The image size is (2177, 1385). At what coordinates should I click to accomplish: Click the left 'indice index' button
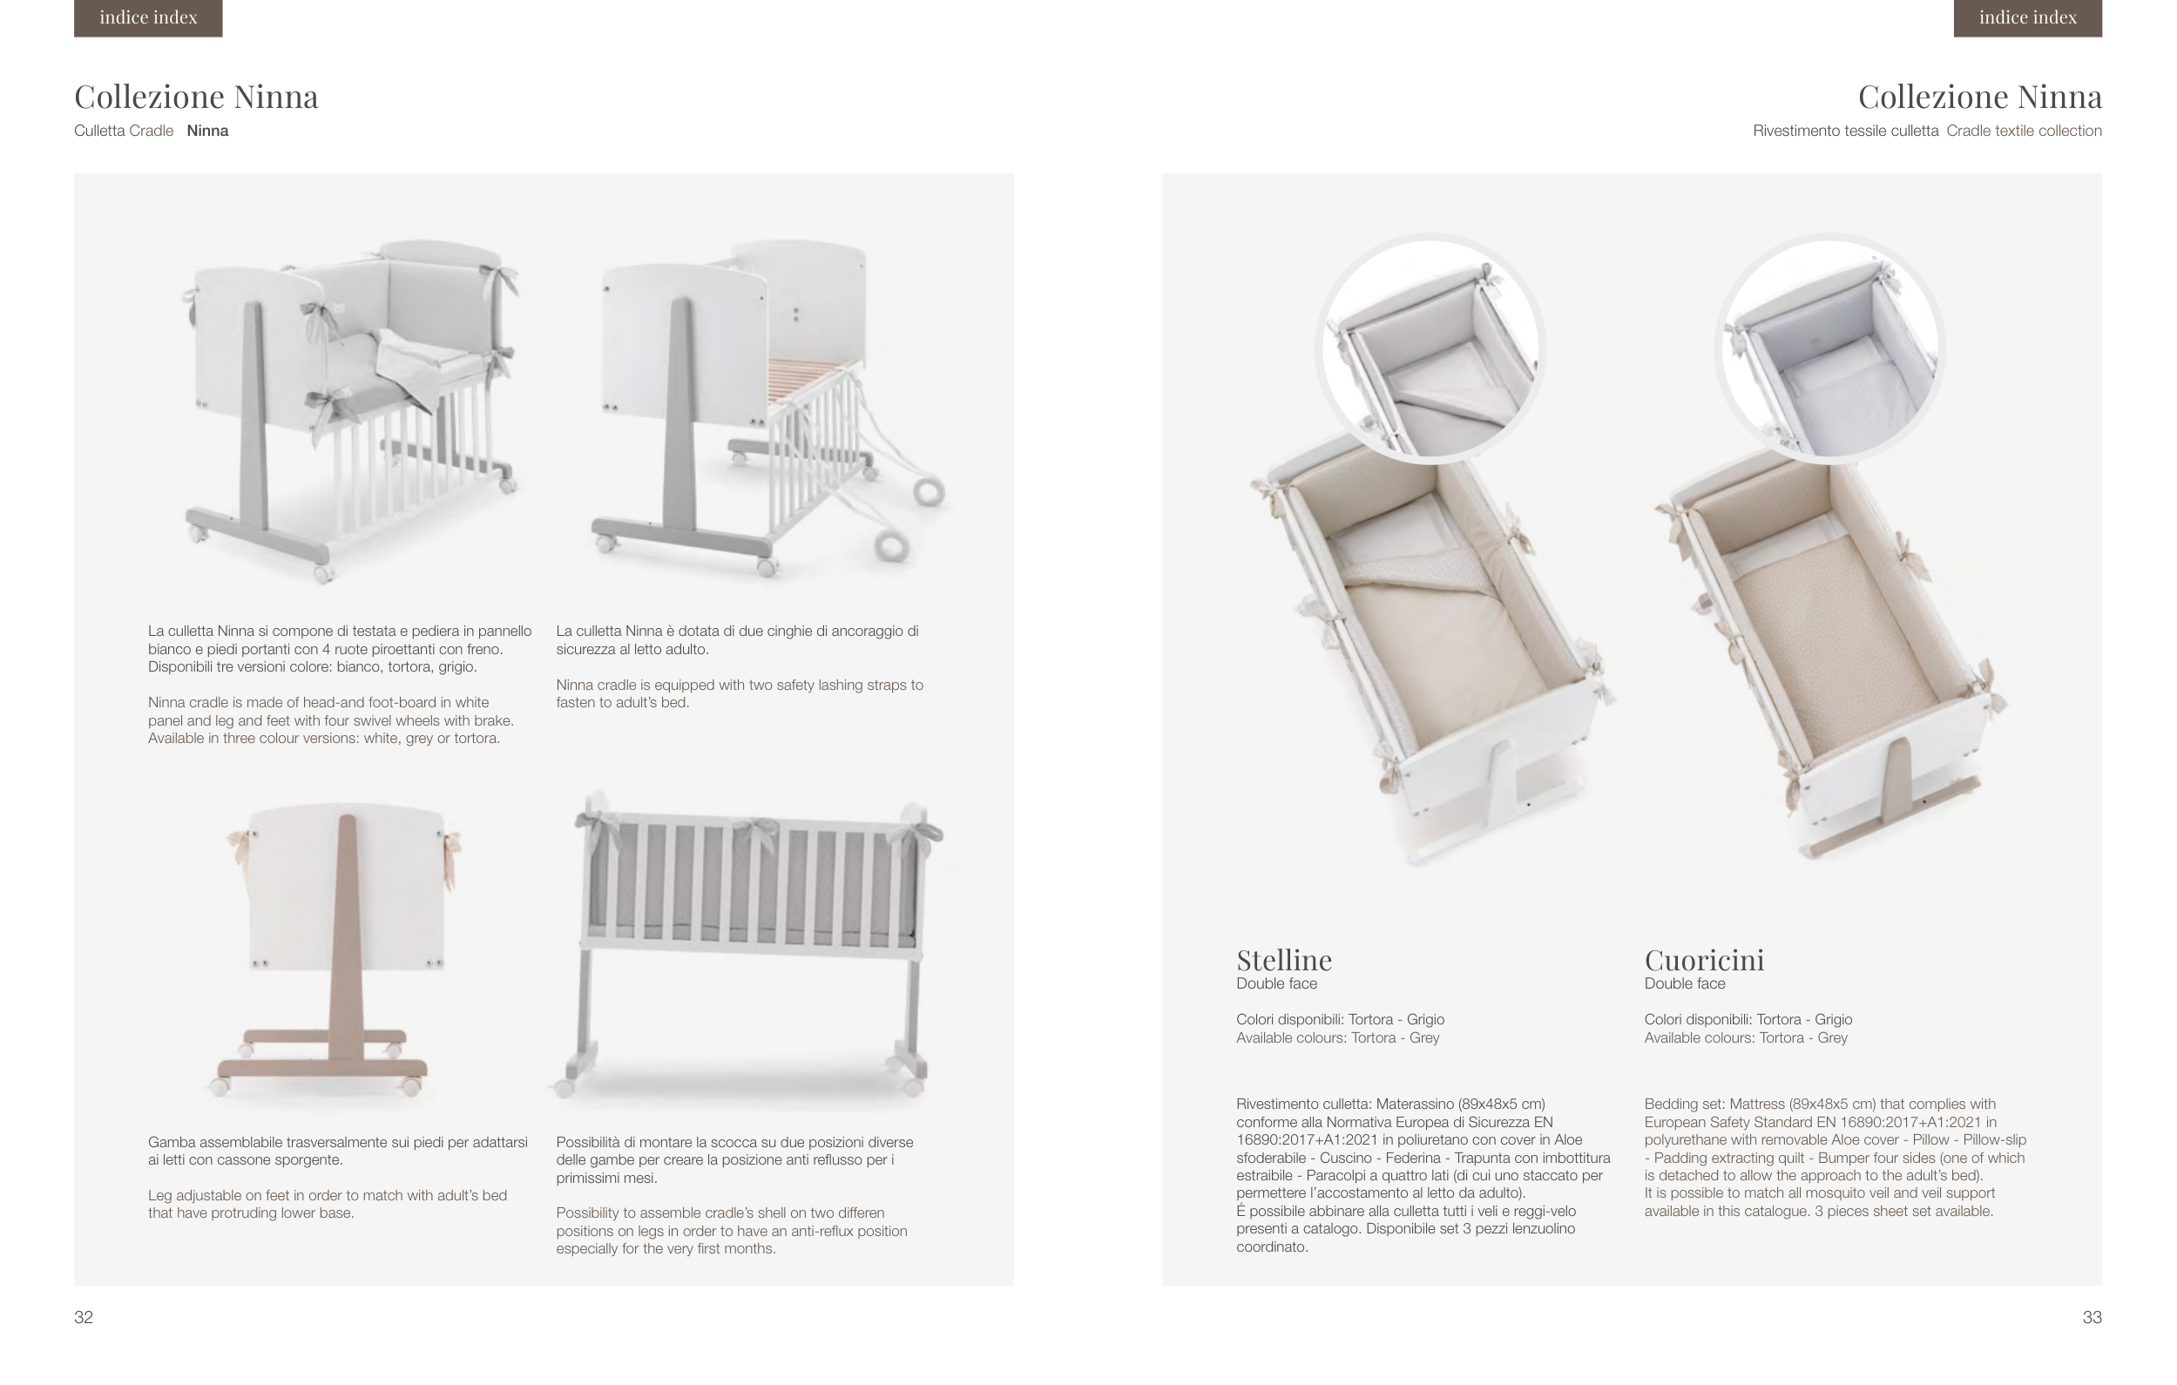148,17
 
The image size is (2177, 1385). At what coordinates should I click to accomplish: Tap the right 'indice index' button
2027,17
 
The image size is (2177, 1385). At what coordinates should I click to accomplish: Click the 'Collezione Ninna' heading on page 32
196,97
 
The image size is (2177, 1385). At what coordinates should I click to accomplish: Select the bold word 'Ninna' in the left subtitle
207,131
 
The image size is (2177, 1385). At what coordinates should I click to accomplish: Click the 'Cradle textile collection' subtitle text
2024,131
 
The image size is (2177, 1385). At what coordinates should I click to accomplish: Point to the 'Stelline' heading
1284,959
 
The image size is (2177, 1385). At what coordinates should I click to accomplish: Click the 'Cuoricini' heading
1703,959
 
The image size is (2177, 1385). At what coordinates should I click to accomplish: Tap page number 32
83,1317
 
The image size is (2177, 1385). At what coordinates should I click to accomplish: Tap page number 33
2091,1317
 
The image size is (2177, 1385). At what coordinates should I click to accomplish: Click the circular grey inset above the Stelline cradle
1430,348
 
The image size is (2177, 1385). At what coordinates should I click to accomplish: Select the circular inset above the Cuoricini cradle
1829,348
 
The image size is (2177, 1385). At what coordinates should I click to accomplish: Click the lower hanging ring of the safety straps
892,546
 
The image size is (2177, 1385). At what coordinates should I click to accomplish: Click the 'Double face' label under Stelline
1275,983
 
